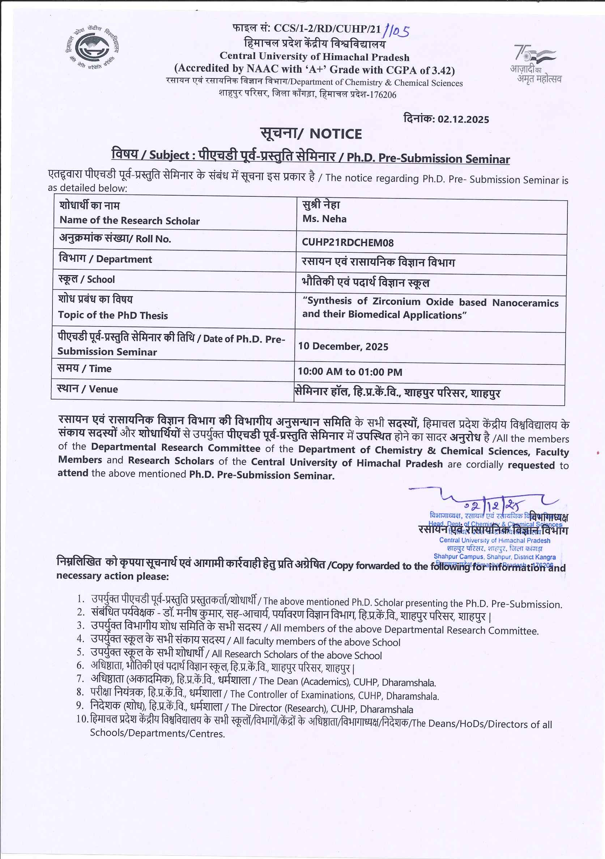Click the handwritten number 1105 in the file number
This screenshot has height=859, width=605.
click(x=396, y=30)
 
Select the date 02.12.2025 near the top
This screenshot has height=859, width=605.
click(x=463, y=119)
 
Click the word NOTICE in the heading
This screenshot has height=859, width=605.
click(x=335, y=134)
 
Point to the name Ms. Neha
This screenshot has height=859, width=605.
click(x=324, y=219)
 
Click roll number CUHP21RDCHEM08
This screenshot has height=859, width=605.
click(x=348, y=243)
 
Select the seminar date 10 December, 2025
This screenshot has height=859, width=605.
click(x=343, y=346)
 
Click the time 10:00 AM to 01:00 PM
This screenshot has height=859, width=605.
click(x=350, y=372)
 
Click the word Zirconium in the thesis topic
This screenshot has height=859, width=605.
click(x=397, y=302)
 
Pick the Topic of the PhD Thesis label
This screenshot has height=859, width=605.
click(x=113, y=315)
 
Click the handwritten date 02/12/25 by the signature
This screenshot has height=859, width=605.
click(x=494, y=506)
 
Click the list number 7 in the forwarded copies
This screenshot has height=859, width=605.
click(x=80, y=678)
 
